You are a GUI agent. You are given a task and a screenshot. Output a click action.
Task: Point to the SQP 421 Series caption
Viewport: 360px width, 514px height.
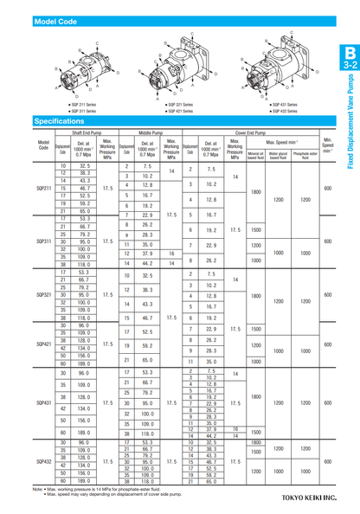[178, 111]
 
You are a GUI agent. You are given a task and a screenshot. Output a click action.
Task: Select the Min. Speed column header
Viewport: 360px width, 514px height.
[327, 144]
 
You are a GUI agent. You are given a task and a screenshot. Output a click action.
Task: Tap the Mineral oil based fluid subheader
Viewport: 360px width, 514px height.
[255, 157]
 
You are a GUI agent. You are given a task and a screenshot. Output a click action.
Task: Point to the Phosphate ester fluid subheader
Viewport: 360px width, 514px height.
[305, 157]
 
